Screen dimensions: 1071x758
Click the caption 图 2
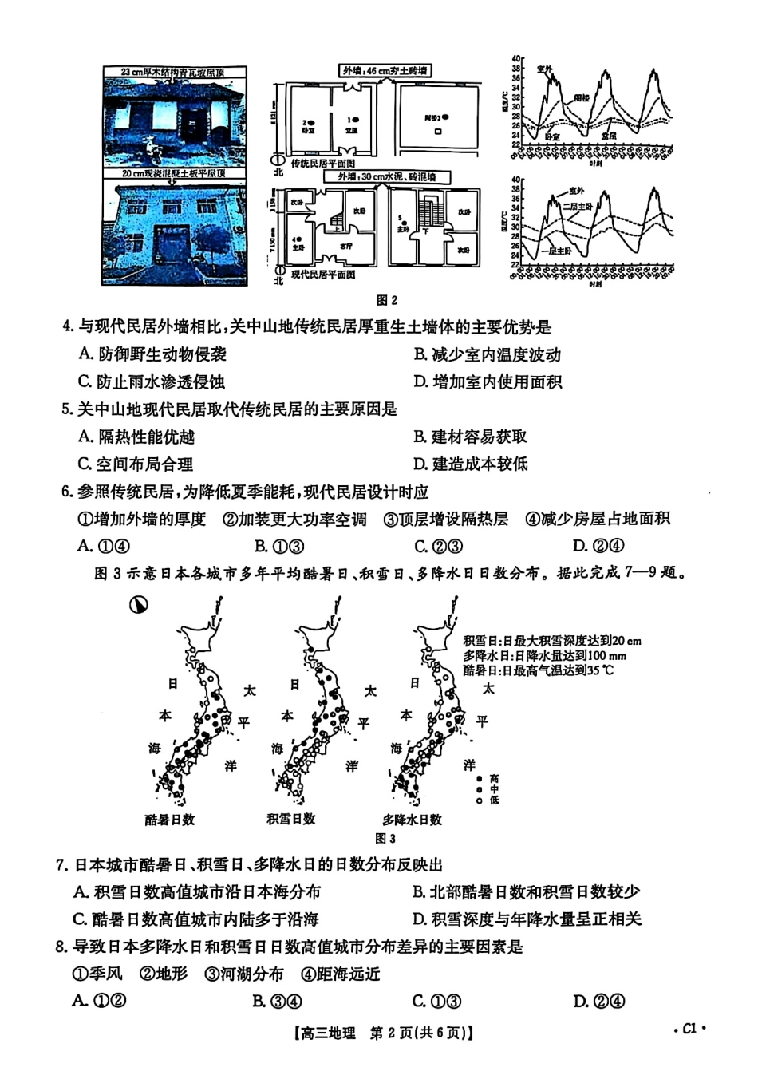[386, 300]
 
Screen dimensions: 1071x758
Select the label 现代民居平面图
[322, 275]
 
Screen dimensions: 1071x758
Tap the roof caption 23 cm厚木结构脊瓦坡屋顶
[172, 73]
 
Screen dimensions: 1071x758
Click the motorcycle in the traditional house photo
[152, 148]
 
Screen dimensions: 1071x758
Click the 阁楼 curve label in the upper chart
[582, 97]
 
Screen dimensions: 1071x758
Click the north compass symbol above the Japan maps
[137, 605]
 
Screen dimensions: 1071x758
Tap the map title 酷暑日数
[169, 820]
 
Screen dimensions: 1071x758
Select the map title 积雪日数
[290, 819]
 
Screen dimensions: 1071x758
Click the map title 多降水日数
[412, 820]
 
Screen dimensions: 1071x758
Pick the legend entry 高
[494, 778]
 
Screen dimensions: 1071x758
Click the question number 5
[67, 409]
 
